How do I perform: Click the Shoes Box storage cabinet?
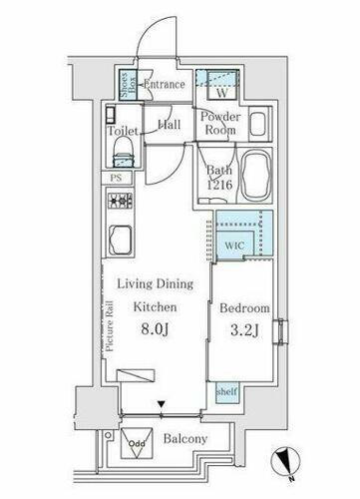click(128, 85)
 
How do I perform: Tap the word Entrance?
click(165, 84)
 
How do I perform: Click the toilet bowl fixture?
click(124, 152)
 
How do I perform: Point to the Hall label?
click(170, 125)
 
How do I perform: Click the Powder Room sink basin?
click(260, 124)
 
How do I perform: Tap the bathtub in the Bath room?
click(256, 177)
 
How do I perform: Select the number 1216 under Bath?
click(219, 185)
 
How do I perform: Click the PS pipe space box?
click(116, 178)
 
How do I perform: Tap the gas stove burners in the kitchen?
click(120, 201)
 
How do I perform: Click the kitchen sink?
click(120, 240)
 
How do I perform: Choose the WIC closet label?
click(234, 246)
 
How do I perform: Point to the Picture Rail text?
click(110, 326)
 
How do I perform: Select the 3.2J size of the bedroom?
click(244, 330)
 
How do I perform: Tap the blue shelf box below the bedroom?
click(227, 392)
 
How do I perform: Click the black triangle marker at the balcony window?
click(162, 404)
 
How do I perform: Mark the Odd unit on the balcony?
click(137, 442)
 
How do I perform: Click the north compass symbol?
click(285, 462)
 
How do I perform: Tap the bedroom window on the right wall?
click(281, 331)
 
